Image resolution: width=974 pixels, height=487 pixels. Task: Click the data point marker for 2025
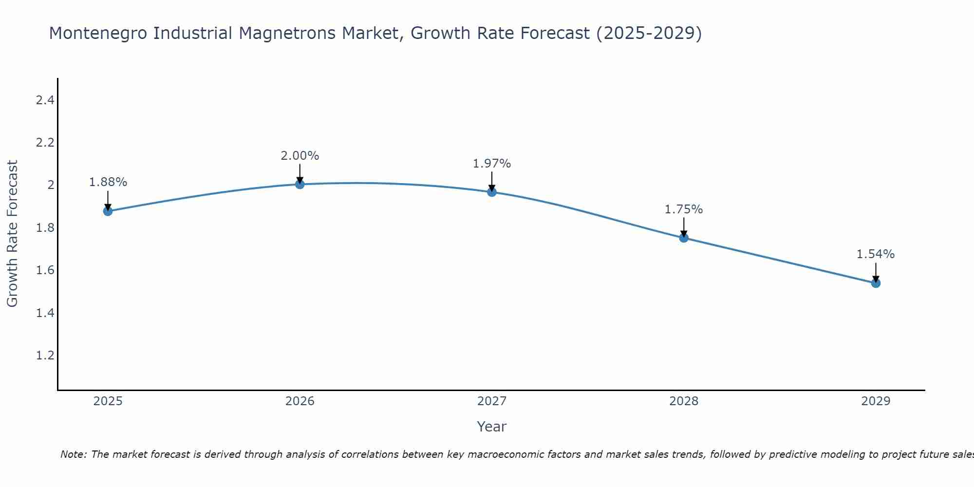coord(108,211)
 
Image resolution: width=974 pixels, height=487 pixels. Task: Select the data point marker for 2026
coord(300,184)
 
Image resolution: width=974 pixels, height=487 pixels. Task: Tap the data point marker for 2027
coord(492,192)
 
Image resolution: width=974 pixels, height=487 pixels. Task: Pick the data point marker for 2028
coord(684,238)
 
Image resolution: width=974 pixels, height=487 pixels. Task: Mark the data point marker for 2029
coord(876,283)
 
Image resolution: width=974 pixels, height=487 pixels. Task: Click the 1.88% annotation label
coord(108,182)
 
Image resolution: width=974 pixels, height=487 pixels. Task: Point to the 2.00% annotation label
coord(300,156)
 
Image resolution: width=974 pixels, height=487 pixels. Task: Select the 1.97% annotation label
coord(492,164)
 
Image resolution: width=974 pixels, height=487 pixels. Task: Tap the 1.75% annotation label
coord(684,209)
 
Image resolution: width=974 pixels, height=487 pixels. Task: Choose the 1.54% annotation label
coord(876,254)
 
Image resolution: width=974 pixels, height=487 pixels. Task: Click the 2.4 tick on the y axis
coord(45,101)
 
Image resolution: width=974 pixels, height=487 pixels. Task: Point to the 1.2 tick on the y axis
coord(45,356)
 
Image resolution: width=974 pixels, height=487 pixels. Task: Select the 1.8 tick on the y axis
coord(45,228)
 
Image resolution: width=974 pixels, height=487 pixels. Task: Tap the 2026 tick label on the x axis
coord(300,401)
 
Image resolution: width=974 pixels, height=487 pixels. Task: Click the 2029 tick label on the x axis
coord(876,401)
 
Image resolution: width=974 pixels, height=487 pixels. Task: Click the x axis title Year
coord(492,427)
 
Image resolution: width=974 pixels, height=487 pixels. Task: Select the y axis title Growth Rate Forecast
coord(12,234)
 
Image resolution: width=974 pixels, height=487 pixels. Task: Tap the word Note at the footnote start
coord(73,454)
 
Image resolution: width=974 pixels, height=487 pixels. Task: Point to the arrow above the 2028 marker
coord(684,227)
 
